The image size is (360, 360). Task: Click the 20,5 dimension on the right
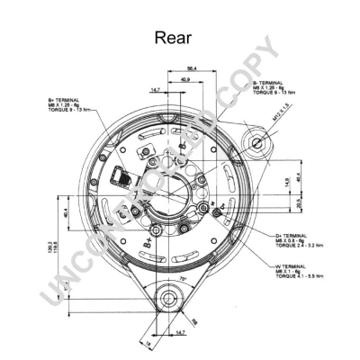[300, 202]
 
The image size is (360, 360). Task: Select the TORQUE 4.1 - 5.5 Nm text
[296, 280]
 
